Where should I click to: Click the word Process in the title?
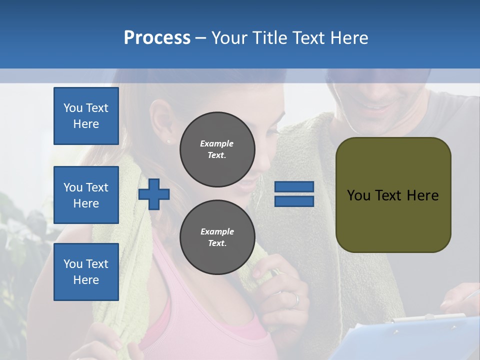[157, 38]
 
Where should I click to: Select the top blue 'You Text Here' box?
[86, 116]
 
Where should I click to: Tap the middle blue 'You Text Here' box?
[86, 195]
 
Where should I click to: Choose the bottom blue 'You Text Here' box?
[86, 272]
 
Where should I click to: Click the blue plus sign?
[154, 194]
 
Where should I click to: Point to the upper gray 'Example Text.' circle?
[217, 149]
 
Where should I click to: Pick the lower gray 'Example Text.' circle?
[217, 237]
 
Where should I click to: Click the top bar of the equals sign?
[294, 186]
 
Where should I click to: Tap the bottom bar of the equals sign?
[294, 201]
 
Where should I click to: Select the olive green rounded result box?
[393, 195]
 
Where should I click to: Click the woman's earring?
[168, 141]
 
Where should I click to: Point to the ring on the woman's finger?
[296, 300]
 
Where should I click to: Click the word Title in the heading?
[271, 38]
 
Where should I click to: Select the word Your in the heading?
[231, 38]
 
